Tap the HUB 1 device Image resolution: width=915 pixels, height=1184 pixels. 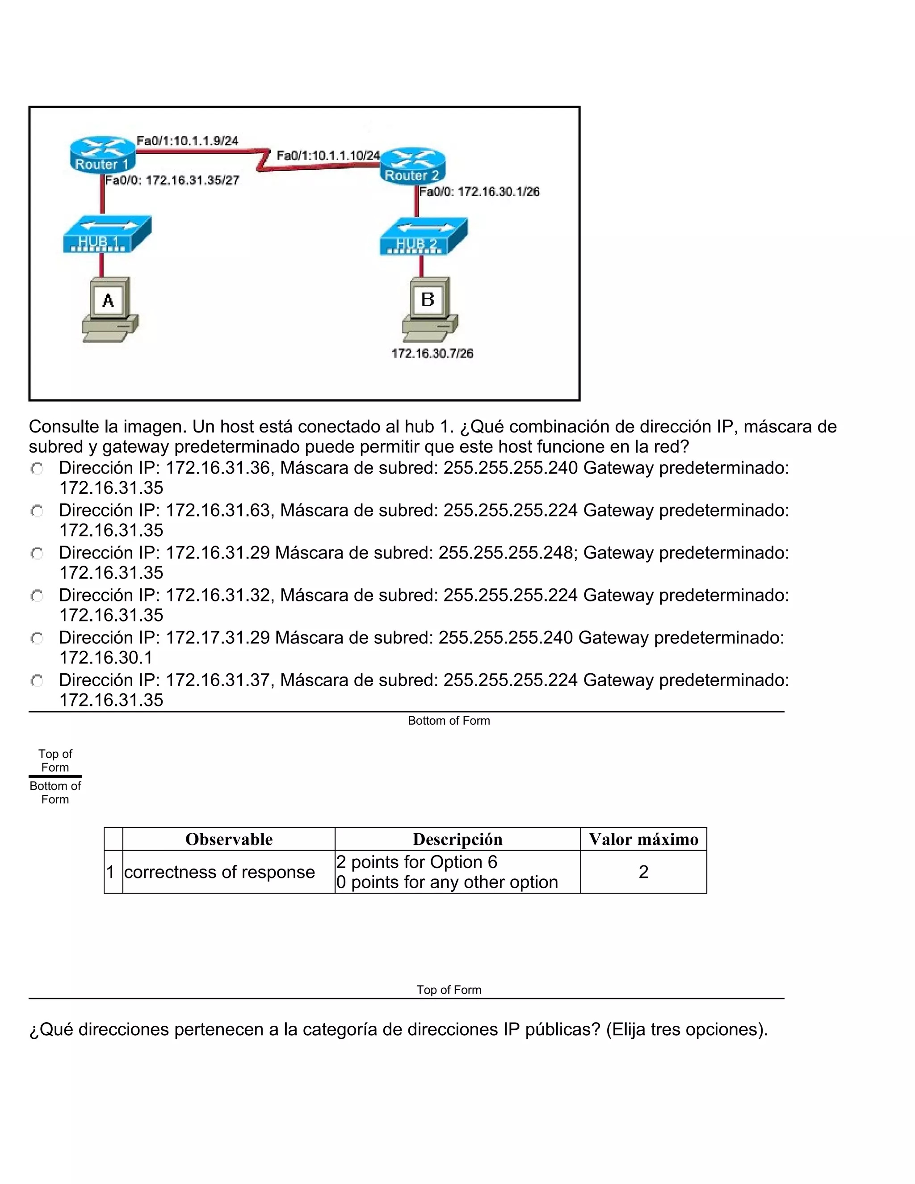click(x=106, y=234)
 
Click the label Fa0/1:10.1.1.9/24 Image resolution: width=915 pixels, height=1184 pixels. click(x=188, y=141)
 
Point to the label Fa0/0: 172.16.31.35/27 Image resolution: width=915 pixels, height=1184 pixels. click(x=172, y=181)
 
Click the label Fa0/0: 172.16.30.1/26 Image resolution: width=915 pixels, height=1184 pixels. click(x=479, y=191)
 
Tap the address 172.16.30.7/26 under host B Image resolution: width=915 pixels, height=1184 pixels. click(x=432, y=353)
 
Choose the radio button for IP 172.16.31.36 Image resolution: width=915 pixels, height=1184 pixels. click(x=37, y=468)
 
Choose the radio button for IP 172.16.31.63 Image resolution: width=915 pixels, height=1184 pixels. click(x=37, y=511)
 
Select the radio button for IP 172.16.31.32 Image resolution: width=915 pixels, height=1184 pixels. click(x=37, y=596)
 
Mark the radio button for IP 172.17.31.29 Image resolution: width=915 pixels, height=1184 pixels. click(x=37, y=638)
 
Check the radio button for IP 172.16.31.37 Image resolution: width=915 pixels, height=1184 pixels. click(x=37, y=680)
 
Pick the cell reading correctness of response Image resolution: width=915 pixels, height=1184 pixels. click(x=219, y=872)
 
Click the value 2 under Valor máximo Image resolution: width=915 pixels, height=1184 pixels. click(x=643, y=872)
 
